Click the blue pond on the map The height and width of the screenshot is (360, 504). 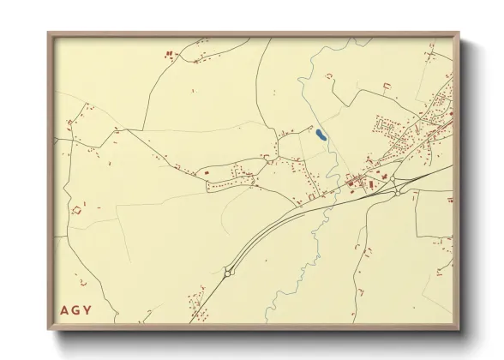319,135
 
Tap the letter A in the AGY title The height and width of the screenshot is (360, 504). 65,309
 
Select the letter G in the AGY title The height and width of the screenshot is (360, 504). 77,309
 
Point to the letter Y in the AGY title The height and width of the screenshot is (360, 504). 89,309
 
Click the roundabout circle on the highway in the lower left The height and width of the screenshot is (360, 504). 228,272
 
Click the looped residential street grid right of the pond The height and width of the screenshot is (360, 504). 391,129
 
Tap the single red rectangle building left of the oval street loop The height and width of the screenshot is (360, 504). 207,173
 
